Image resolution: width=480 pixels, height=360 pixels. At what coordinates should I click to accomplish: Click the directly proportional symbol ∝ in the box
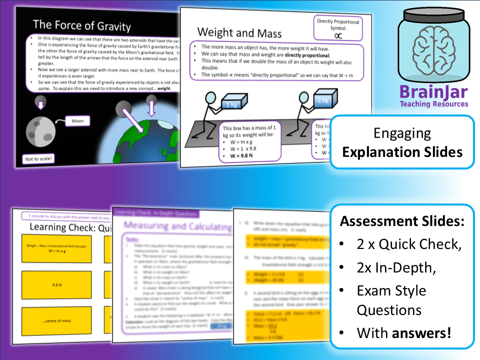click(x=338, y=35)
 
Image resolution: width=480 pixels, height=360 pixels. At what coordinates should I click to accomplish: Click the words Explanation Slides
click(x=402, y=152)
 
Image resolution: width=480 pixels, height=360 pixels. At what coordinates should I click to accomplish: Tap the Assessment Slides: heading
click(x=402, y=221)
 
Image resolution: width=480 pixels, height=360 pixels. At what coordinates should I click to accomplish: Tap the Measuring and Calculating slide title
click(x=177, y=226)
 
